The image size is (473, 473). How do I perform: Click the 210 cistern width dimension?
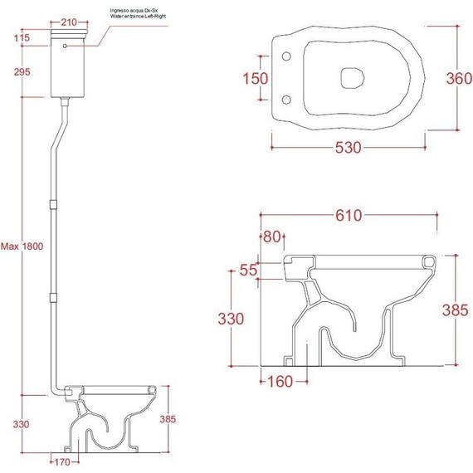coord(69,22)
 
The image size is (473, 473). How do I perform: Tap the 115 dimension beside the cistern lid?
coord(22,38)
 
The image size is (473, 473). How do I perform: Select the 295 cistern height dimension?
coord(22,72)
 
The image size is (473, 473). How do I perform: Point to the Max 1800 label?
coord(22,246)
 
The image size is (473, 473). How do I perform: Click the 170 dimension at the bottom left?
coord(62,462)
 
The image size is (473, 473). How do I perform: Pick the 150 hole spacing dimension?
coord(256,79)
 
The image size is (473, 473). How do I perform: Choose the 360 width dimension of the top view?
coord(459,79)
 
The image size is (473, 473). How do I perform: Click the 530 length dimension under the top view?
coord(349,148)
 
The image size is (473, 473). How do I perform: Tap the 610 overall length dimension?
coord(349,216)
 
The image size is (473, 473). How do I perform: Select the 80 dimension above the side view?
coord(272,236)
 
